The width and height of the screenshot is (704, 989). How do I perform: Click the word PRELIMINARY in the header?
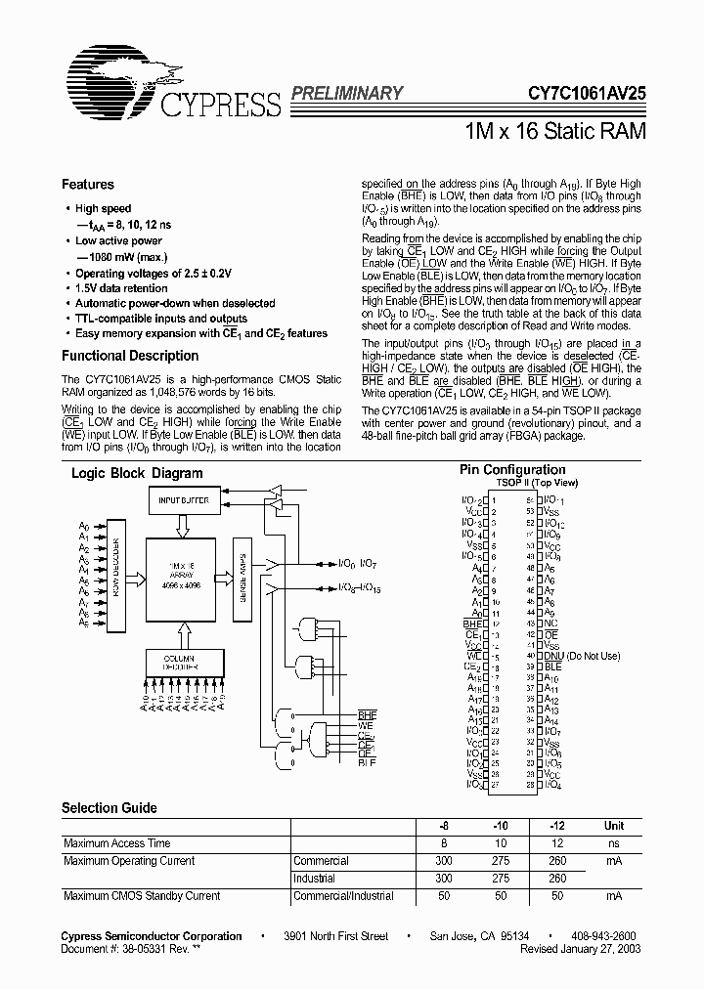tap(346, 94)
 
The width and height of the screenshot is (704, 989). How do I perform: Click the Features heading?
tap(88, 185)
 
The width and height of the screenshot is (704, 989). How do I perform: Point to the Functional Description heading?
tap(130, 357)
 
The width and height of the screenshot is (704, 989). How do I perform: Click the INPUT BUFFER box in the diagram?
tap(184, 500)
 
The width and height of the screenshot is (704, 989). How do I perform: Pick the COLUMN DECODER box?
tap(184, 662)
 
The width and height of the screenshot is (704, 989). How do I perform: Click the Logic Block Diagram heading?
tap(137, 473)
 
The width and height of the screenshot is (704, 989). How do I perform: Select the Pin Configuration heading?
tap(512, 470)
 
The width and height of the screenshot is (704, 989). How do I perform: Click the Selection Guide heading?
tap(110, 808)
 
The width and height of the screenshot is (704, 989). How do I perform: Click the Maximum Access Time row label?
tap(116, 843)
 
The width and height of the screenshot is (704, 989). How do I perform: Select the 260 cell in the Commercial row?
tap(557, 861)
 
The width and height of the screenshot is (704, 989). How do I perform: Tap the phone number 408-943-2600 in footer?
tap(603, 936)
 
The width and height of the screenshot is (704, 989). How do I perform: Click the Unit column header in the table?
tap(613, 826)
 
